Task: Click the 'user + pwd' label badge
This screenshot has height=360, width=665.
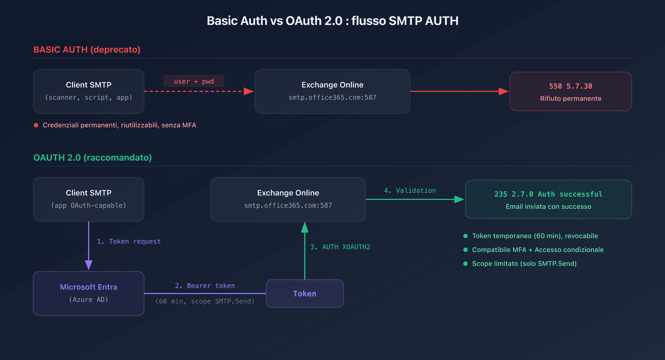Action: pos(194,81)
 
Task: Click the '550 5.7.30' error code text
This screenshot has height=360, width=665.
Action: pos(571,86)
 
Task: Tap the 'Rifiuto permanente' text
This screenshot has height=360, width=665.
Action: pos(571,99)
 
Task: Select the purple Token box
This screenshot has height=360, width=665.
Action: pos(305,293)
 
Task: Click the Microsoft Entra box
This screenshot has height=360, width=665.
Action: pos(88,293)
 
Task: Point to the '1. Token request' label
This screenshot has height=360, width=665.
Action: pos(129,241)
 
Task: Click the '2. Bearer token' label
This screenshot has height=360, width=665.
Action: pos(205,285)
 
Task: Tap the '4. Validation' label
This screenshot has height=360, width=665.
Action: pos(410,191)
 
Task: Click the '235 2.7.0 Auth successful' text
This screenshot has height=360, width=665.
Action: pos(548,194)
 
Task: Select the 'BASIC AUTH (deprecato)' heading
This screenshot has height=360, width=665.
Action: pos(87,49)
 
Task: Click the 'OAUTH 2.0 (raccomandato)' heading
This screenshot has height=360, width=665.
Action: pos(92,157)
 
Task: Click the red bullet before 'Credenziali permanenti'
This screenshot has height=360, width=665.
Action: pos(36,125)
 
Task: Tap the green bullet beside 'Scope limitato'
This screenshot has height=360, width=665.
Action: pos(465,263)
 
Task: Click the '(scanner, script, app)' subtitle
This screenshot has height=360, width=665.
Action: pos(88,97)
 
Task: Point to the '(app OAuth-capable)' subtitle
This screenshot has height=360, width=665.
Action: pos(88,205)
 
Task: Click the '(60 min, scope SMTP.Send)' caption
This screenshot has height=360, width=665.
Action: pos(205,301)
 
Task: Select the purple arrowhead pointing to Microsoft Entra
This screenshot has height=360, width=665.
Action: pos(88,265)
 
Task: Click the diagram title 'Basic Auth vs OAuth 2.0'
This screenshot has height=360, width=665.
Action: pos(332,21)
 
